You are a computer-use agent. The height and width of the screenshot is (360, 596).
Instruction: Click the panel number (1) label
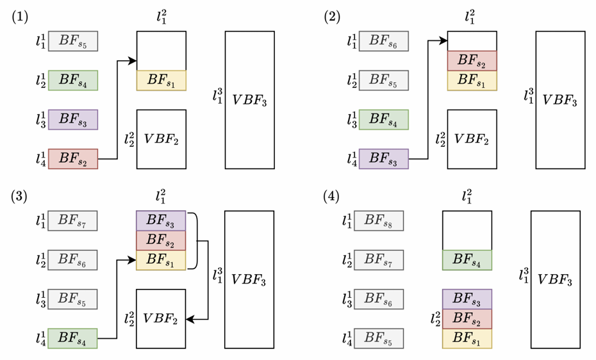coord(20,17)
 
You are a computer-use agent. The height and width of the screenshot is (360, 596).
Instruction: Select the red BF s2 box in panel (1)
coord(73,159)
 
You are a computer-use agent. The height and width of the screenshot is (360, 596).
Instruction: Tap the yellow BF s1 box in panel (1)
coord(161,80)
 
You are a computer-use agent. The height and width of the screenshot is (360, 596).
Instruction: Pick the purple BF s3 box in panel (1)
coord(73,120)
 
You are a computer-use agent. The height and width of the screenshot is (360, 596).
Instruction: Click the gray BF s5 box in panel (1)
coord(73,41)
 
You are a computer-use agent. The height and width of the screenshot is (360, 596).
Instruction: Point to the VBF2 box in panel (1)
coord(161,140)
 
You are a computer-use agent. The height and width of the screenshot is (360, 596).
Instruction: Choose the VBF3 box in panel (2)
coord(560,100)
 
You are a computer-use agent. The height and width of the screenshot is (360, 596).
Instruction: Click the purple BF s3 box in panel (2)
coord(383,159)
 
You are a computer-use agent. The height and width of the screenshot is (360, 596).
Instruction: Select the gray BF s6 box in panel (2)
coord(383,41)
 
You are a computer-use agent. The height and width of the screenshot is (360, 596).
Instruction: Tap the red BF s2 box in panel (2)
coord(472,61)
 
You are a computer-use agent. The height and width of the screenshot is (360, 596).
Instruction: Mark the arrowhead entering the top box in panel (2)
coord(443,40)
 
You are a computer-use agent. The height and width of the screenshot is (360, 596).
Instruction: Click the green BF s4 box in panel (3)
coord(72,338)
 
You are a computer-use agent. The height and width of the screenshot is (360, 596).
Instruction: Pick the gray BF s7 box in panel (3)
coord(72,220)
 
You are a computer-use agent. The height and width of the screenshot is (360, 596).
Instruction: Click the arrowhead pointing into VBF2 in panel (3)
coord(190,320)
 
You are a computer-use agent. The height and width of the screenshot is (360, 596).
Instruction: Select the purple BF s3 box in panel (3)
coord(161,220)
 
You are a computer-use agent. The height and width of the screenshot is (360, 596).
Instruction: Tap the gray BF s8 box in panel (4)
coord(379,220)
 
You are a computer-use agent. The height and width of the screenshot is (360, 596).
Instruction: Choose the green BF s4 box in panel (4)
coord(467,260)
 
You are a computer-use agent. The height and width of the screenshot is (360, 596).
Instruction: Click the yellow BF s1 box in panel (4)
coord(467,338)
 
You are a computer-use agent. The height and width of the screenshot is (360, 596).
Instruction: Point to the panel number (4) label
coord(331,197)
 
